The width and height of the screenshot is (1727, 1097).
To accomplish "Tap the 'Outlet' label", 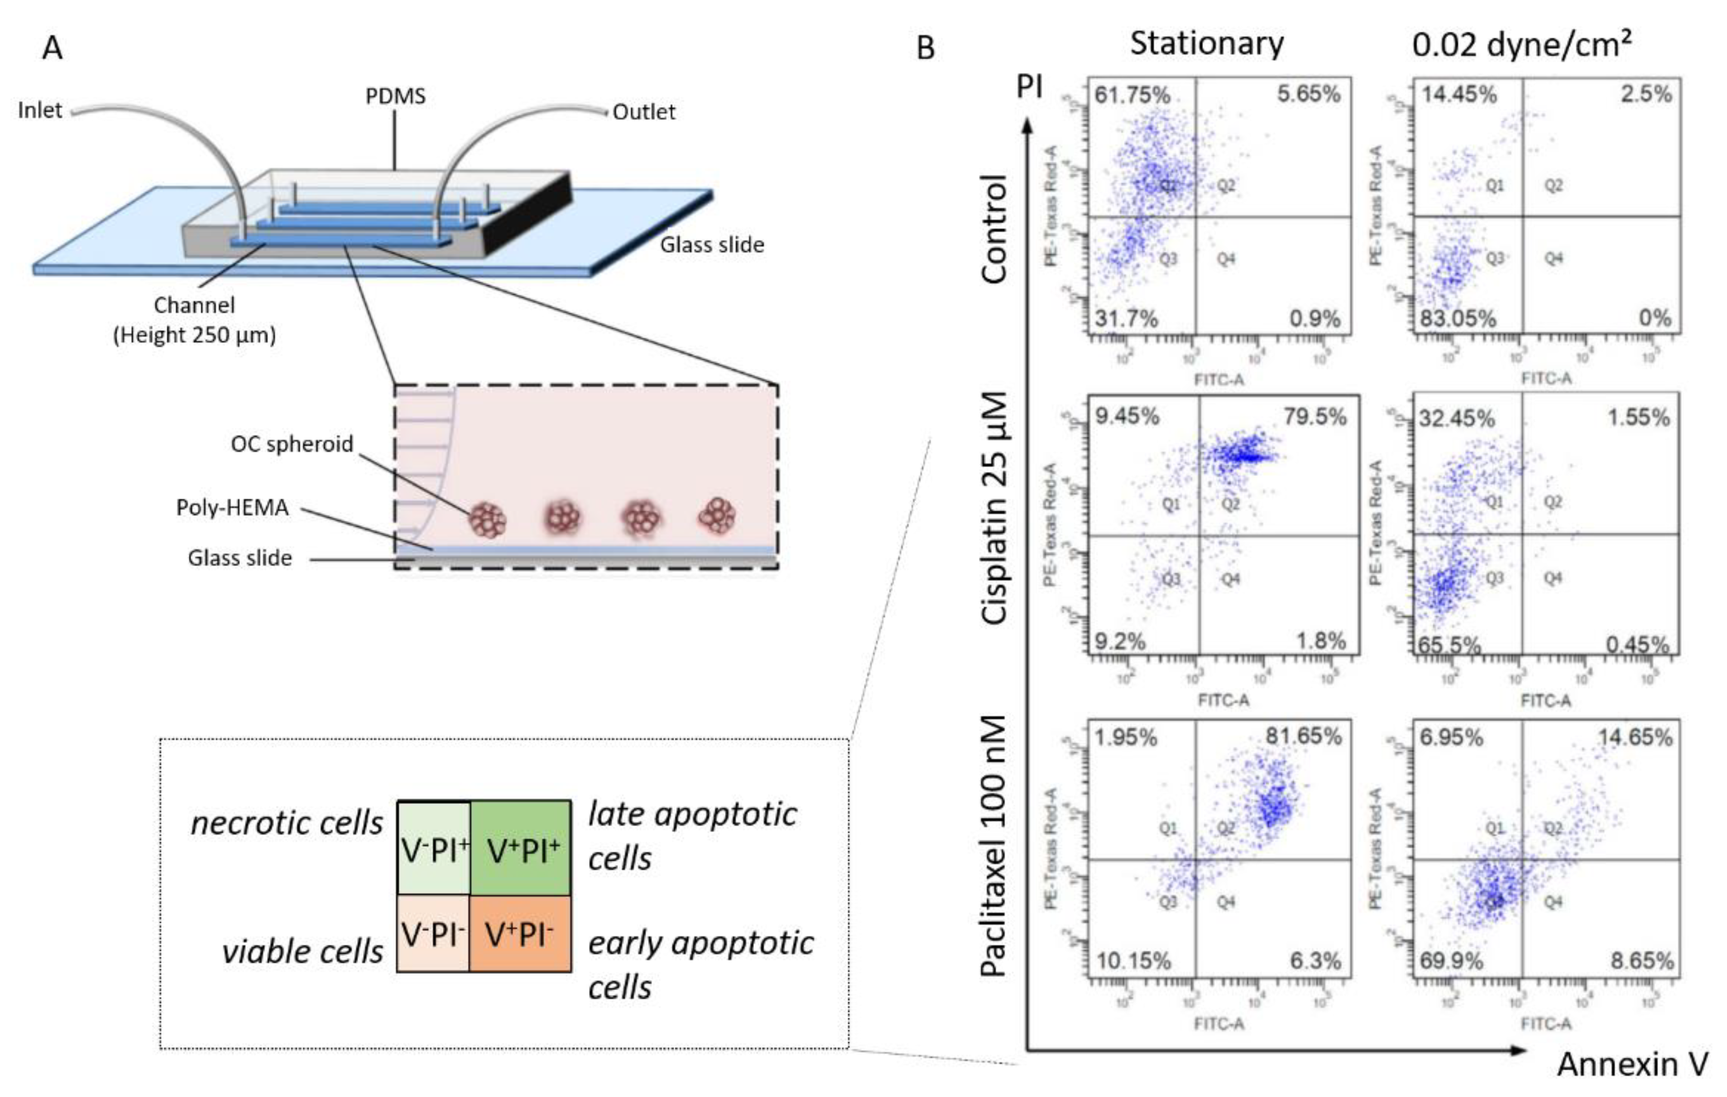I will click(x=643, y=112).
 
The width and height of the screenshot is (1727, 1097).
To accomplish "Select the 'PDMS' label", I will click(x=395, y=96).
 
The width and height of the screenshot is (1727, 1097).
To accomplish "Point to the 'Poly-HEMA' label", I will click(x=232, y=508).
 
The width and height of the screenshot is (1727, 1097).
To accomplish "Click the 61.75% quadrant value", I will click(x=1131, y=95).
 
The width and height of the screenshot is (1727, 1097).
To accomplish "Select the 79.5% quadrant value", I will click(x=1314, y=417).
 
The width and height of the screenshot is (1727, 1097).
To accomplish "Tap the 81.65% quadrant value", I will click(x=1303, y=736).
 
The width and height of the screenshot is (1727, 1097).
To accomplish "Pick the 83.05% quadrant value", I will click(x=1458, y=318).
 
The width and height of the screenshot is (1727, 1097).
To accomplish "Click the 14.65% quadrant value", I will click(x=1635, y=737).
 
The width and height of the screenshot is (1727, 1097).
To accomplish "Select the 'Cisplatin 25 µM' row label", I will click(x=995, y=508).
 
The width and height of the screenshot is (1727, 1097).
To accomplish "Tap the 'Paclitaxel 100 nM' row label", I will click(x=995, y=846).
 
